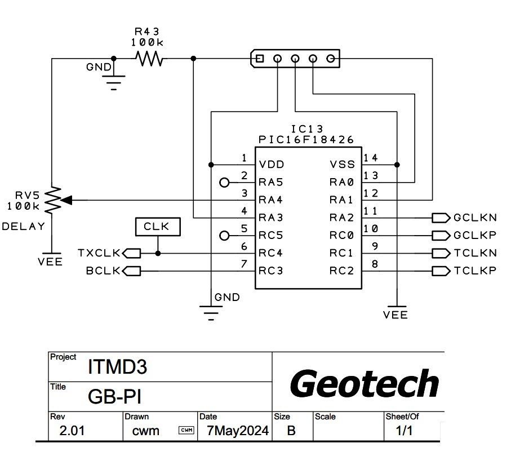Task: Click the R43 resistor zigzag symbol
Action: (149, 58)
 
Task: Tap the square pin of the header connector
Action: (259, 58)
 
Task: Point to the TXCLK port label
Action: (100, 254)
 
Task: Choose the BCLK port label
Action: (104, 271)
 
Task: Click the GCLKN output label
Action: (475, 218)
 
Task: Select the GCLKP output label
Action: (475, 236)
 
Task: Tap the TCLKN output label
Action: (475, 254)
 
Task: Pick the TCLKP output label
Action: (475, 271)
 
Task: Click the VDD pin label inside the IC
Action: (272, 165)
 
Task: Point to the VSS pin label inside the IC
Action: (343, 165)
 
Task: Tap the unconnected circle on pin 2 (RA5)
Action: (224, 182)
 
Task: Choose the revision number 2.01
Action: (74, 432)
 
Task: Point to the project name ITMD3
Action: (117, 368)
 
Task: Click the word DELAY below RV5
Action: (23, 227)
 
